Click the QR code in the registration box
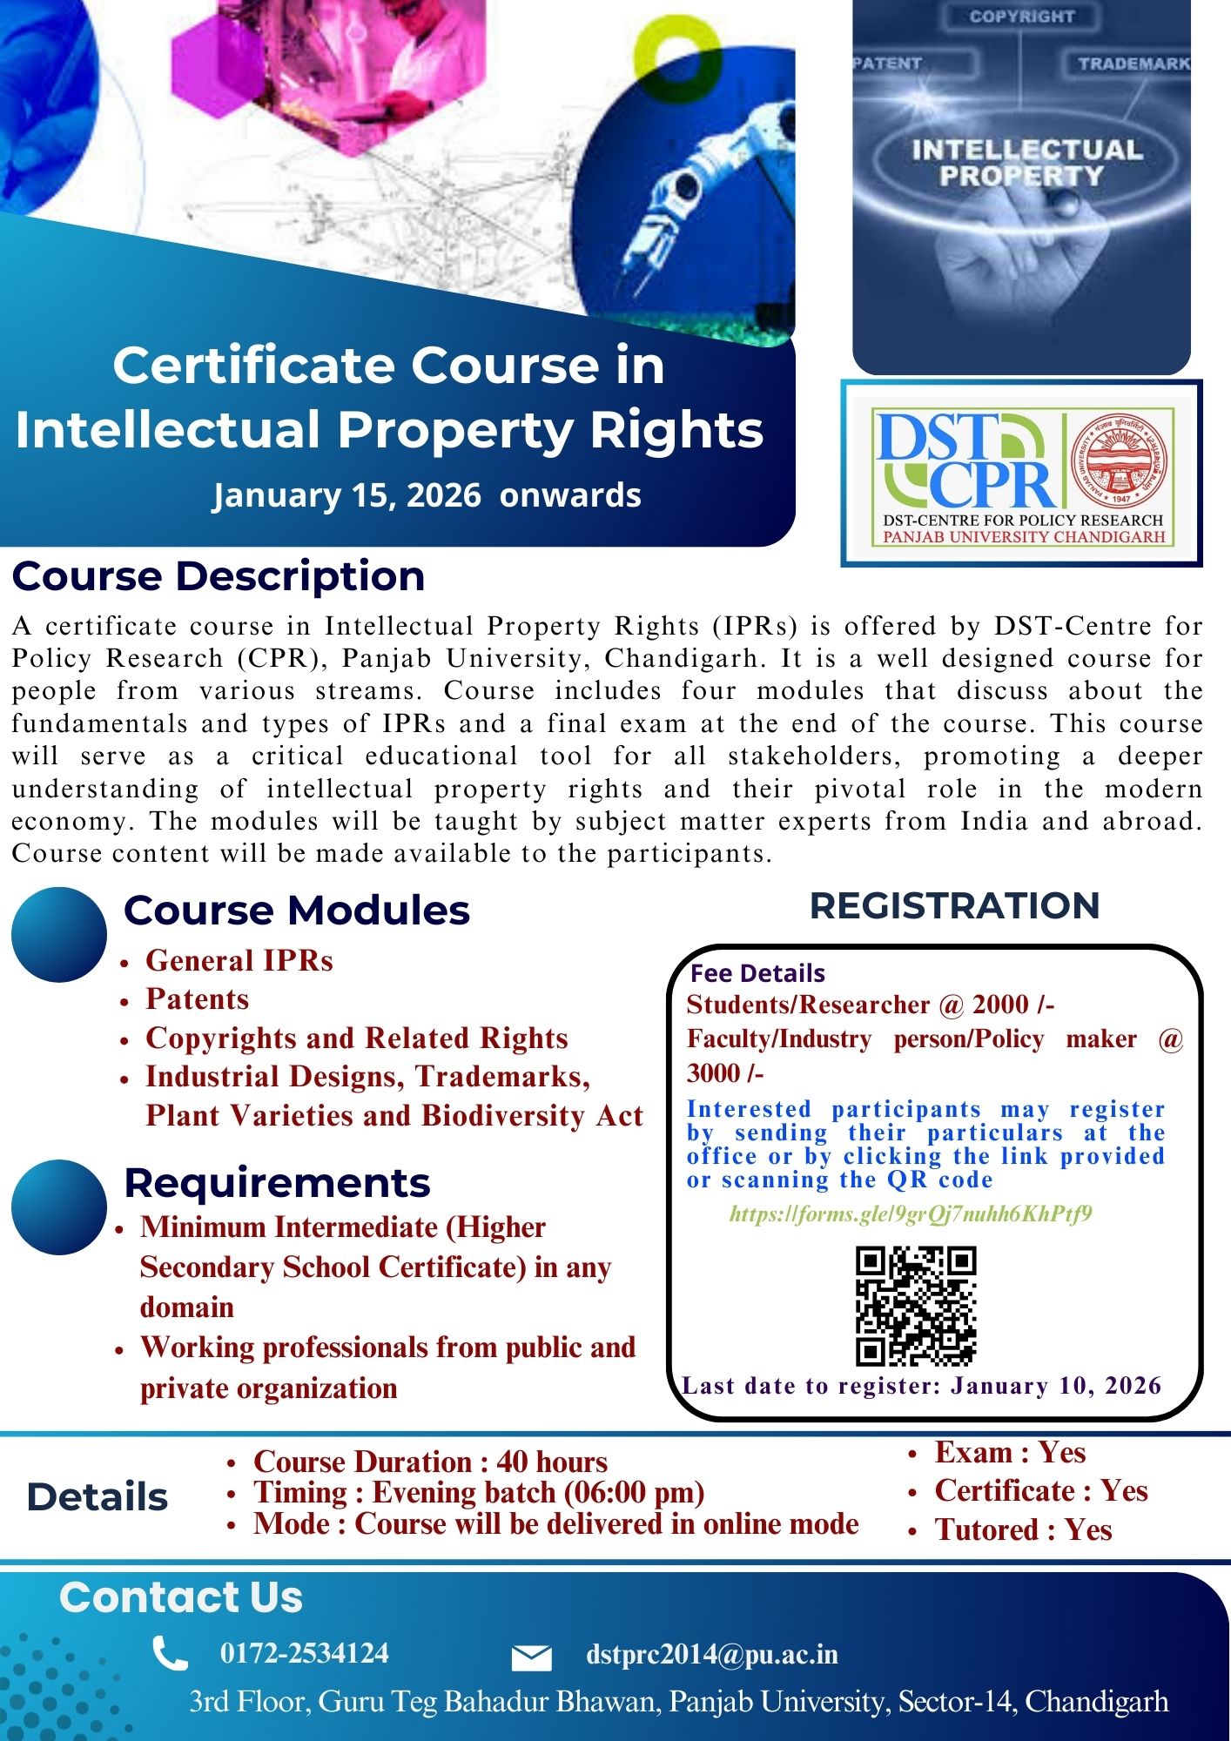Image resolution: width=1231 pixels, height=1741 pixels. pyautogui.click(x=916, y=1305)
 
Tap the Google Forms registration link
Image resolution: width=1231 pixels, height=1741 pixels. pyautogui.click(x=911, y=1213)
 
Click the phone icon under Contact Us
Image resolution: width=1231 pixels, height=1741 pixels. pyautogui.click(x=170, y=1653)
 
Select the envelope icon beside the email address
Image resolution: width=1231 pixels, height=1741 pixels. pyautogui.click(x=531, y=1657)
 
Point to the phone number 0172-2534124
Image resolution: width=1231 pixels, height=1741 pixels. pyautogui.click(x=305, y=1653)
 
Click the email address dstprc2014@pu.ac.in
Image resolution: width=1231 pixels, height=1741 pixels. pyautogui.click(x=712, y=1654)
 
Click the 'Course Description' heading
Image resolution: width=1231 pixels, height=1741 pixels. pyautogui.click(x=219, y=576)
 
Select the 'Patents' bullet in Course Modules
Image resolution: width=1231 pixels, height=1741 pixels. pyautogui.click(x=197, y=999)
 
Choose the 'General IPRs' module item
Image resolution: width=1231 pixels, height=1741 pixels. pyautogui.click(x=239, y=960)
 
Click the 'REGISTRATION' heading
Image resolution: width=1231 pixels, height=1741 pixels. pyautogui.click(x=955, y=905)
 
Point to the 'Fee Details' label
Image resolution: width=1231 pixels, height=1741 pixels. pyautogui.click(x=757, y=972)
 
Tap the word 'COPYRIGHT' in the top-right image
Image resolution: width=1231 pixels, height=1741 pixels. pyautogui.click(x=1022, y=17)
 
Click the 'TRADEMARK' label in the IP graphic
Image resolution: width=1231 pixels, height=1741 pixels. pyautogui.click(x=1133, y=64)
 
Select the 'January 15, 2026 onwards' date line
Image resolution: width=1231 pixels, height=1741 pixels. pyautogui.click(x=427, y=495)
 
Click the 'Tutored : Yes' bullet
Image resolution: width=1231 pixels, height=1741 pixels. pyautogui.click(x=1023, y=1529)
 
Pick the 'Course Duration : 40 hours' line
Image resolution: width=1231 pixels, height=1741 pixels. pyautogui.click(x=430, y=1462)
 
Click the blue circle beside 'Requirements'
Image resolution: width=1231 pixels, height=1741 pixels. pyautogui.click(x=59, y=1207)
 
